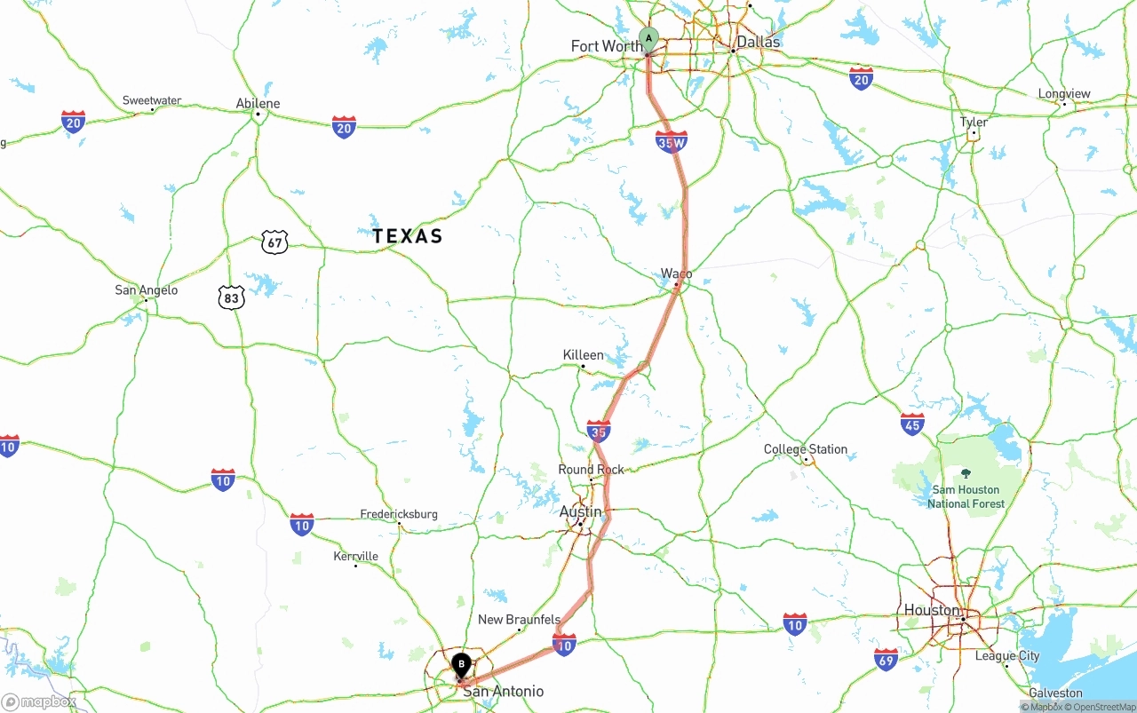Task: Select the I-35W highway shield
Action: click(x=672, y=140)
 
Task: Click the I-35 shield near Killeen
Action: click(x=599, y=432)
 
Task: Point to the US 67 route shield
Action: click(x=274, y=241)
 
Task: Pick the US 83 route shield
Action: click(x=232, y=297)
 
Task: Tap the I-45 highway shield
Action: click(x=912, y=424)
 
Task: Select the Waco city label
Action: click(x=676, y=273)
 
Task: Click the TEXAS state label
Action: click(x=407, y=236)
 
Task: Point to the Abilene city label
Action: click(x=258, y=104)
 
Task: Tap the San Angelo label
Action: click(x=147, y=290)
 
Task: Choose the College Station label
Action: click(x=806, y=449)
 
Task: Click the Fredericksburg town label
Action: click(x=399, y=514)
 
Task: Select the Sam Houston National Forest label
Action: click(x=966, y=496)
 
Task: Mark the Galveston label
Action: click(x=1055, y=693)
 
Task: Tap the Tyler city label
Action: click(x=974, y=123)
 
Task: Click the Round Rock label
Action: click(x=591, y=470)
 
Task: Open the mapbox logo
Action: click(x=39, y=701)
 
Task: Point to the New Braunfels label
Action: click(x=519, y=620)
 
